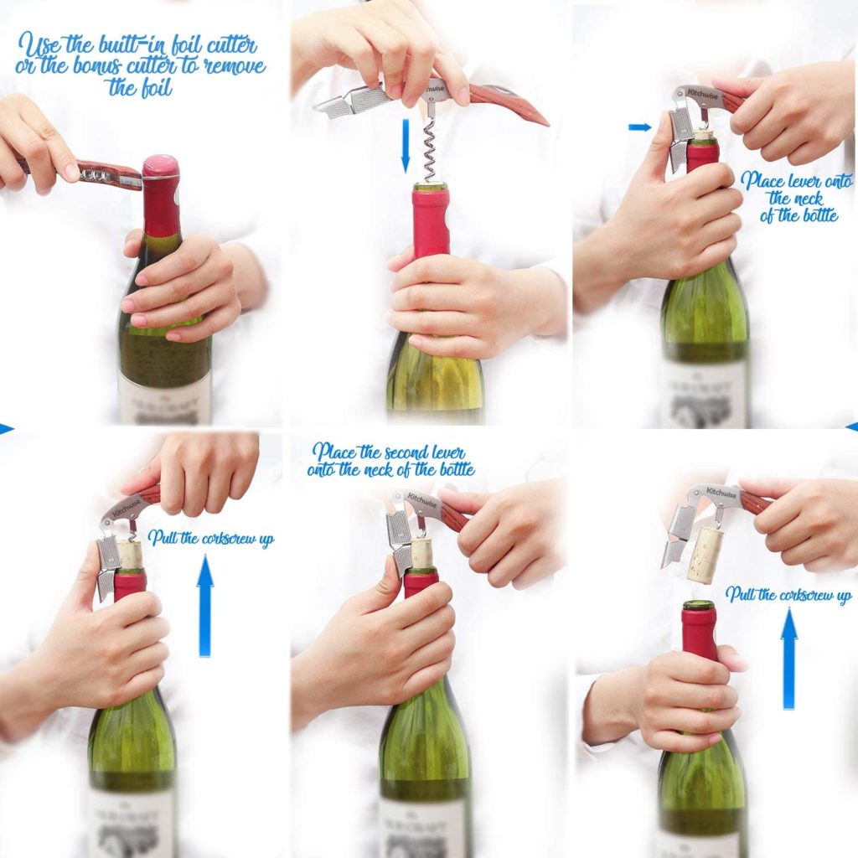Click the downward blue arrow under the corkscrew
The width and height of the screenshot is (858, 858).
point(405,144)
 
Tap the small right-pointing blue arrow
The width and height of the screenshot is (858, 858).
point(639,127)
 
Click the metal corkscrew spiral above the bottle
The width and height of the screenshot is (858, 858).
point(430,149)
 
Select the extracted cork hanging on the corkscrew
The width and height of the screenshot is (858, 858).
point(703,554)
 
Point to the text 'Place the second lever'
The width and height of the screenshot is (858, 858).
point(389,452)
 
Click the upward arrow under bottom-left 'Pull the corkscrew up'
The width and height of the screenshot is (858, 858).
point(205,607)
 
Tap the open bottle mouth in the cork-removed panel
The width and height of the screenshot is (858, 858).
point(698,605)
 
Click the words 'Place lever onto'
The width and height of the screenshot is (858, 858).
point(785,180)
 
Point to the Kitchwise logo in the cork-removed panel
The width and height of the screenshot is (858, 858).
point(720,493)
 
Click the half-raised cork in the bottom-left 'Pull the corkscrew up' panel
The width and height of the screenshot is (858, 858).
point(129,554)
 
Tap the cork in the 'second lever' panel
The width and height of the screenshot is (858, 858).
point(421,555)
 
